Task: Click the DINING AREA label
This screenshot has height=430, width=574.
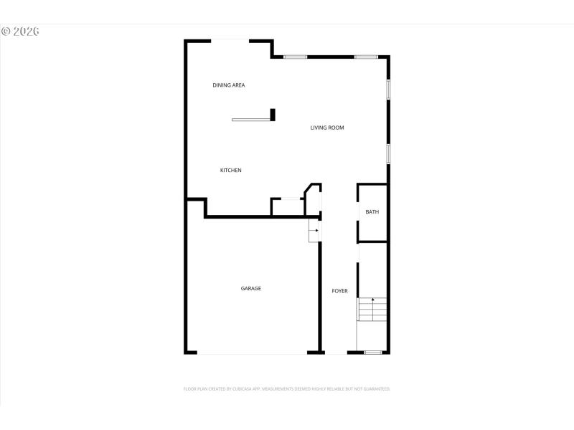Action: point(229,85)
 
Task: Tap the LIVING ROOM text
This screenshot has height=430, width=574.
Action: point(327,128)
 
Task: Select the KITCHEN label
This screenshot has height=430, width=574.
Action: point(230,171)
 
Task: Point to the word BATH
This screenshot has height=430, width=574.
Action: point(372,212)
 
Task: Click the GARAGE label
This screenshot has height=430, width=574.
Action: point(250,289)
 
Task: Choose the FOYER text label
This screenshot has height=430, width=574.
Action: point(339,291)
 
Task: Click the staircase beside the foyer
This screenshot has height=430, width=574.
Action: point(372,310)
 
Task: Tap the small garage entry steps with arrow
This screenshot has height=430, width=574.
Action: point(314,231)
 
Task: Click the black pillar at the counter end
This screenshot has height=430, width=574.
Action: point(273,115)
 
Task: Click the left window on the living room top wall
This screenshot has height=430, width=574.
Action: point(296,57)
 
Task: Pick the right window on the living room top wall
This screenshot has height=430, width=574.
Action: point(365,57)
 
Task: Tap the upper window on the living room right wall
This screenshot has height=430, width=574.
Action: point(388,88)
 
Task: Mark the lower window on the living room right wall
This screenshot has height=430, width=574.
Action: point(388,153)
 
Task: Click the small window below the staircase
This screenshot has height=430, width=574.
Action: point(372,352)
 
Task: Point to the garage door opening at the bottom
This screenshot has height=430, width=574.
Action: point(253,353)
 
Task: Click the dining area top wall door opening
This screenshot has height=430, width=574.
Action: point(230,41)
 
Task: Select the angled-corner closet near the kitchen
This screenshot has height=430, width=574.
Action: point(313,199)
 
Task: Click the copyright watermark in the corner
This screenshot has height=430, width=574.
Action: point(20,32)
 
